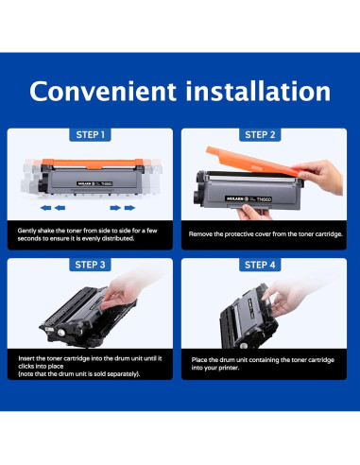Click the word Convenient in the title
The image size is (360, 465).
(x=103, y=91)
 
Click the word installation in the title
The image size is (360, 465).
(x=258, y=91)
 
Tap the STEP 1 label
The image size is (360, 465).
(x=90, y=135)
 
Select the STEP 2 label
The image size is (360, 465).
(x=260, y=135)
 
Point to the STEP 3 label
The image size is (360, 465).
(x=90, y=265)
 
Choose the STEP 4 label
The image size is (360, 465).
(x=260, y=265)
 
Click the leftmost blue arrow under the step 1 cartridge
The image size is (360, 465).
(x=45, y=208)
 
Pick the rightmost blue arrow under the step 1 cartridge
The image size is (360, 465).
(x=129, y=208)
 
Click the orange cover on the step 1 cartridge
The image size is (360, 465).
(x=93, y=164)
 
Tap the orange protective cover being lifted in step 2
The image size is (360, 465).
(x=252, y=162)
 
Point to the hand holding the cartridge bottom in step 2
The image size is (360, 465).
(x=252, y=212)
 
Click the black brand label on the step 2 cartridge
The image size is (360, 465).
(x=249, y=199)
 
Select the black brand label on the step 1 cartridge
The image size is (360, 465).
(x=94, y=183)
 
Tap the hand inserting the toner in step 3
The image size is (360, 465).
(x=126, y=291)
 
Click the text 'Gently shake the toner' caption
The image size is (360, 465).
(x=88, y=234)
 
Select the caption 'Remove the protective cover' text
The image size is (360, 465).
(x=266, y=234)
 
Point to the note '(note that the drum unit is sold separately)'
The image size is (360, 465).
(x=79, y=374)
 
